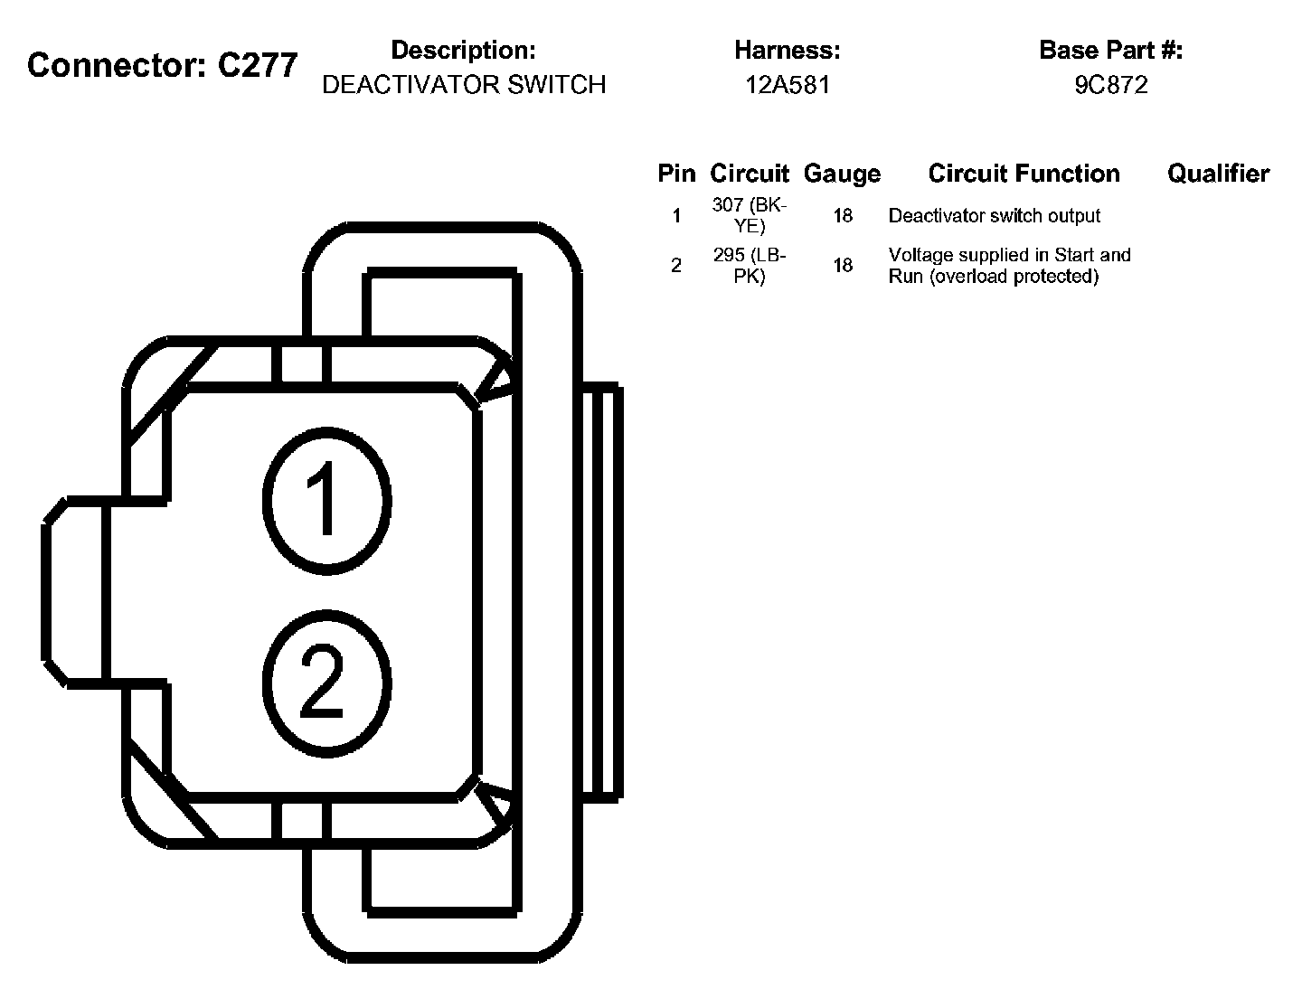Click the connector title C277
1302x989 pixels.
[x=163, y=65]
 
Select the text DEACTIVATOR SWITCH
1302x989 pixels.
[x=464, y=85]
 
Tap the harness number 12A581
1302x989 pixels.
[x=788, y=85]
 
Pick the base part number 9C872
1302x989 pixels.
[x=1111, y=85]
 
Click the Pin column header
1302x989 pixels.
[x=676, y=174]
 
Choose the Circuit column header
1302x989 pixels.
[x=750, y=174]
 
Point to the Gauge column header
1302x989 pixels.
[x=842, y=174]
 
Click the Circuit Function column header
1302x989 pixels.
[x=1024, y=174]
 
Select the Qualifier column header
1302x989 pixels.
[x=1218, y=174]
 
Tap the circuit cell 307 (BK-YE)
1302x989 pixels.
[x=750, y=215]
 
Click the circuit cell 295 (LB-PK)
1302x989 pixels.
[x=750, y=266]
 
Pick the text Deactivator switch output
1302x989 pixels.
[x=995, y=216]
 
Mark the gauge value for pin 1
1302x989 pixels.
[x=843, y=216]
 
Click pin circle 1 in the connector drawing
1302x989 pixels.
[x=326, y=500]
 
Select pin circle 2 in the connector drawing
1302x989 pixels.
[x=326, y=683]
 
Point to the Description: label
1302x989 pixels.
[x=463, y=51]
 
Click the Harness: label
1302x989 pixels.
[x=788, y=51]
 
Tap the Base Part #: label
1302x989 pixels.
[x=1111, y=51]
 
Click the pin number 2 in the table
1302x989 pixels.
[x=676, y=266]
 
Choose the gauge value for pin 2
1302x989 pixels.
[x=843, y=266]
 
